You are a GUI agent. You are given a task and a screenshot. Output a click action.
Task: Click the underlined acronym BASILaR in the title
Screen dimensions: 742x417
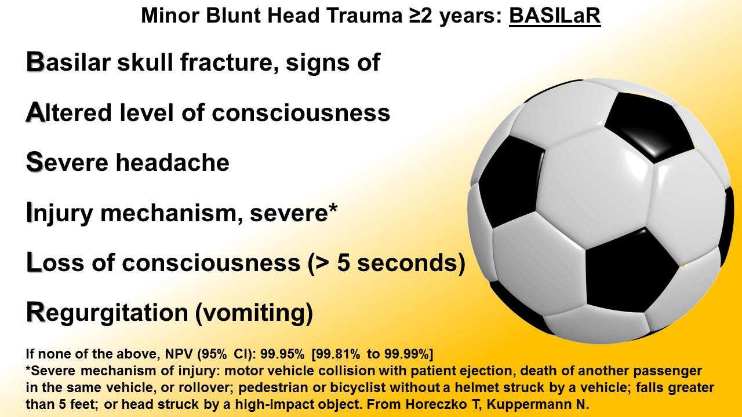[x=555, y=16]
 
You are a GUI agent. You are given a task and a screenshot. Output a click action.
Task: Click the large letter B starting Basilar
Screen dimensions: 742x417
[x=35, y=61]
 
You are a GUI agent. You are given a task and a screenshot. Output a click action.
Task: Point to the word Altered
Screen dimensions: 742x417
[x=68, y=112]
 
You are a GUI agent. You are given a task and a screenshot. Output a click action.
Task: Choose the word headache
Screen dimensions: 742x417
[x=172, y=163]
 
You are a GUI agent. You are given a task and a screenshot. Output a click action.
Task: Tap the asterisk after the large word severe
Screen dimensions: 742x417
[x=333, y=209]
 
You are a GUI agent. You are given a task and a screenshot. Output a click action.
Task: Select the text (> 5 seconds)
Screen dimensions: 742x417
[x=387, y=264]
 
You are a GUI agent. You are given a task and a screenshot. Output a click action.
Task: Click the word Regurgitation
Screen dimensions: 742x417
[x=107, y=313]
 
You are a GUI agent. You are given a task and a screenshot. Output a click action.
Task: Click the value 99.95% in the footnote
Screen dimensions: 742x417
[x=282, y=354]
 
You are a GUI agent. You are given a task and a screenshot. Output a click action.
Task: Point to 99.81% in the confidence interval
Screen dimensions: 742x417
[x=336, y=354]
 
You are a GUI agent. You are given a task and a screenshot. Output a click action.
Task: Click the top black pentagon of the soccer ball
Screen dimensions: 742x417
[x=649, y=126]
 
